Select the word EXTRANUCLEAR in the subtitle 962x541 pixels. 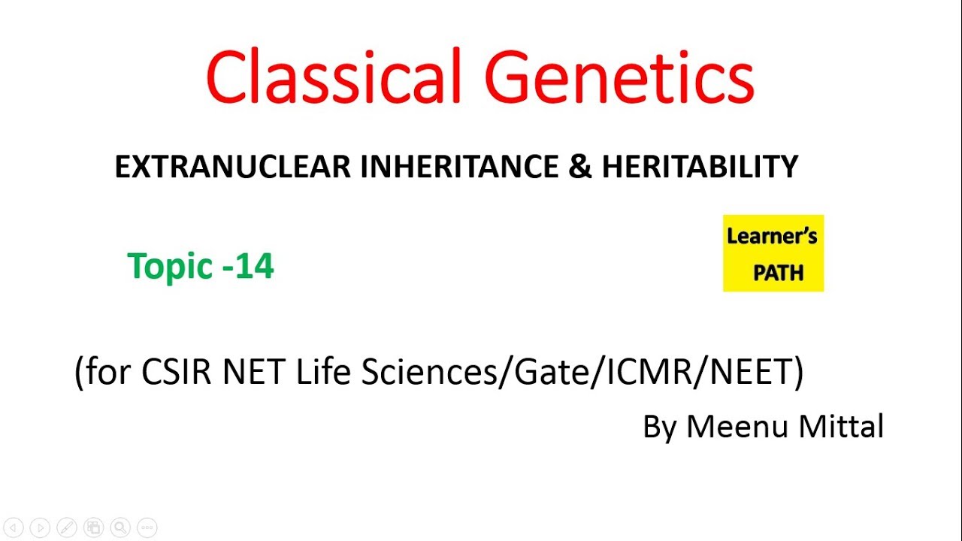pyautogui.click(x=234, y=167)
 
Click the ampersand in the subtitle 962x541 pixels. pyautogui.click(x=580, y=167)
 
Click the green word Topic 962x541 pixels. pyautogui.click(x=170, y=266)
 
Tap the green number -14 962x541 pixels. pyautogui.click(x=249, y=266)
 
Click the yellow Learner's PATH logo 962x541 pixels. pyautogui.click(x=773, y=253)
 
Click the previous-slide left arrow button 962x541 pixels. pyautogui.click(x=14, y=527)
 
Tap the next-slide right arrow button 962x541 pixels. pyautogui.click(x=40, y=527)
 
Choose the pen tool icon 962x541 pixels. pyautogui.click(x=66, y=527)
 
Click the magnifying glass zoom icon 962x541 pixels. pyautogui.click(x=119, y=527)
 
